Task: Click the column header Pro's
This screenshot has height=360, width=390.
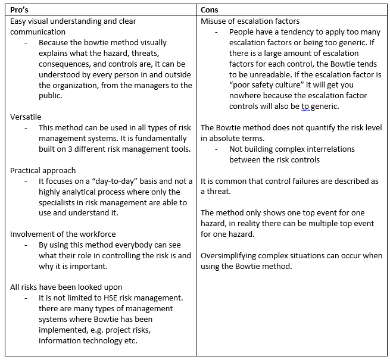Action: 21,10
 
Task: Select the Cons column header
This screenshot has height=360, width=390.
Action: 210,10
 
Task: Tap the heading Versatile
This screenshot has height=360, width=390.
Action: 26,117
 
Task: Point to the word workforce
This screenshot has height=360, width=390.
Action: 95,234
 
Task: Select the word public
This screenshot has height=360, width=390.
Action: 50,96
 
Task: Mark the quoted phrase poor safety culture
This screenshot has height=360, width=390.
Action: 267,85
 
